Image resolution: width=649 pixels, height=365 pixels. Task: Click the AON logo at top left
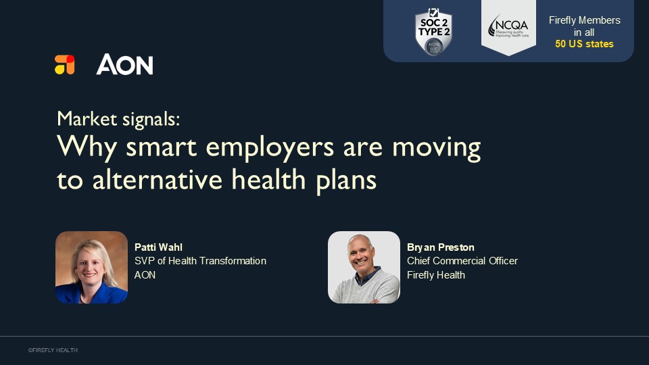pyautogui.click(x=125, y=65)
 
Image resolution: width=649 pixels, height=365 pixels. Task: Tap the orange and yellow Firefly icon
pyautogui.click(x=65, y=65)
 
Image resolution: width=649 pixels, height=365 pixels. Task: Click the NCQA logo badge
pyautogui.click(x=508, y=26)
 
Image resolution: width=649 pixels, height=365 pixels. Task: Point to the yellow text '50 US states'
pyautogui.click(x=584, y=44)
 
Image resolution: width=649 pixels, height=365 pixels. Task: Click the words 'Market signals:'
pyautogui.click(x=118, y=119)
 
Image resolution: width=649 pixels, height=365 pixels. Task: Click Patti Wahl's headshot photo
pyautogui.click(x=91, y=267)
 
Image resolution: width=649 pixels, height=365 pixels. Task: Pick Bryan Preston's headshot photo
pyautogui.click(x=364, y=267)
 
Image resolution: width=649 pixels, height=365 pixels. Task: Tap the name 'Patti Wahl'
pyautogui.click(x=158, y=247)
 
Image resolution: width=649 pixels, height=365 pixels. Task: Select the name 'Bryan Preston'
pyautogui.click(x=440, y=247)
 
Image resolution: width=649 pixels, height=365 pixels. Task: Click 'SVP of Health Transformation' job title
pyautogui.click(x=200, y=261)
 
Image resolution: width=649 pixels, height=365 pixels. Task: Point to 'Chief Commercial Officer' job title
pyautogui.click(x=462, y=261)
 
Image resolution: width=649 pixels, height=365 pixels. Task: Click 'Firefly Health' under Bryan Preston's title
pyautogui.click(x=436, y=275)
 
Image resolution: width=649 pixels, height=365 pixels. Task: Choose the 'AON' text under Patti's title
pyautogui.click(x=145, y=275)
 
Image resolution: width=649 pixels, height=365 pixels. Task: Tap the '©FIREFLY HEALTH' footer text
pyautogui.click(x=53, y=350)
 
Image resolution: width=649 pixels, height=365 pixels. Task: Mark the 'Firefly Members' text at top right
pyautogui.click(x=584, y=20)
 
